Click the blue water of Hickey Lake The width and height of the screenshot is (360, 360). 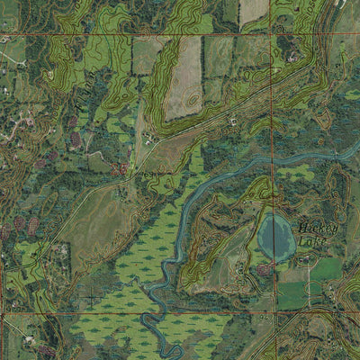[275, 237]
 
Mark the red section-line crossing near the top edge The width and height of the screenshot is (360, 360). [272, 36]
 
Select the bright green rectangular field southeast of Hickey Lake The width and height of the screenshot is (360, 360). [327, 269]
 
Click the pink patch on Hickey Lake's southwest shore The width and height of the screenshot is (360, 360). [264, 268]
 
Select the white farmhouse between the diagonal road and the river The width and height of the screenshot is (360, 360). [232, 120]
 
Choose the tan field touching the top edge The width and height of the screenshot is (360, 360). [253, 11]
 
